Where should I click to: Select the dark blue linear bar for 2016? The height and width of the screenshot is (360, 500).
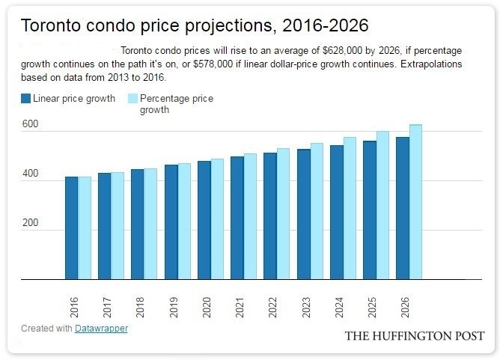71,228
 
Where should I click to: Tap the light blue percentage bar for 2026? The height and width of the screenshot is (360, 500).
415,202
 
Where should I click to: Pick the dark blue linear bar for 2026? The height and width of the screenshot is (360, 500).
402,208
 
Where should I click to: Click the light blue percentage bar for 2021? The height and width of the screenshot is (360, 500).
250,216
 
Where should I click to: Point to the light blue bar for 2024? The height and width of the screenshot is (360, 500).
350,208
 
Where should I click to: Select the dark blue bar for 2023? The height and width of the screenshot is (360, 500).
303,214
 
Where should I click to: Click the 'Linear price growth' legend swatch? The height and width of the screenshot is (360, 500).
26,99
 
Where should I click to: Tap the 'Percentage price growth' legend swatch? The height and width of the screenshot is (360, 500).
133,99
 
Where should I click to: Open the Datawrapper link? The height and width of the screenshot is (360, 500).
101,329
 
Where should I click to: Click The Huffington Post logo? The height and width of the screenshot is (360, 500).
414,336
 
